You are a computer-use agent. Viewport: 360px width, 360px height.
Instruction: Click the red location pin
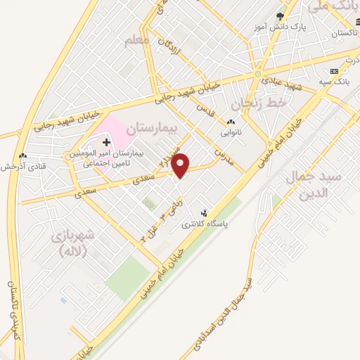[181, 165]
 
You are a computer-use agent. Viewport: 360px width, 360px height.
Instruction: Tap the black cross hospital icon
[106, 143]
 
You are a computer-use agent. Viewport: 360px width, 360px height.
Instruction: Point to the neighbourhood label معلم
[136, 41]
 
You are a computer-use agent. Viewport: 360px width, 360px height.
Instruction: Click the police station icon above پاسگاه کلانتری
[205, 213]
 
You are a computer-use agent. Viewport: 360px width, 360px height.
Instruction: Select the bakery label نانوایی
[231, 132]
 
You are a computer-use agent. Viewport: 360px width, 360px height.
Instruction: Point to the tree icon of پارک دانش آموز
[281, 16]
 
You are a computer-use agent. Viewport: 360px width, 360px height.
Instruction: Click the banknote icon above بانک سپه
[334, 72]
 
